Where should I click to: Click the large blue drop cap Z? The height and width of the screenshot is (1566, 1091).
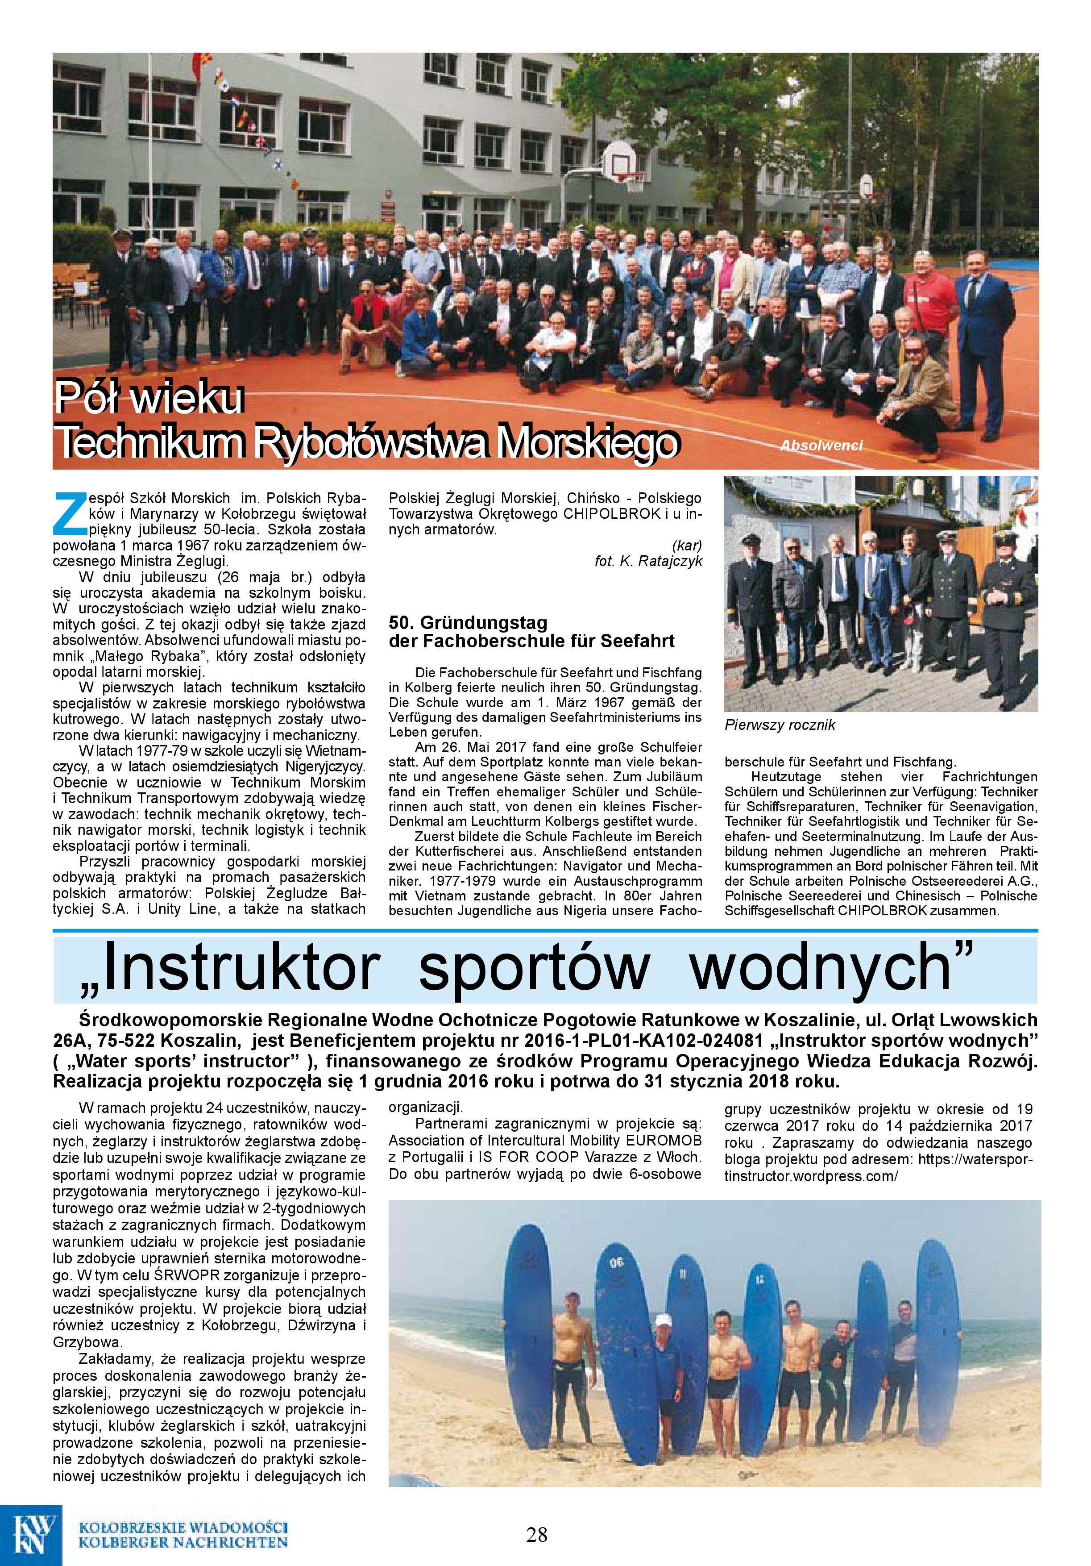click(x=68, y=513)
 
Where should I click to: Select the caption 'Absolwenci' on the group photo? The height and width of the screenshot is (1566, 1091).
click(x=821, y=446)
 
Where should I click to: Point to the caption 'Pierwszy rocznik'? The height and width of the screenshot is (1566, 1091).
click(x=780, y=725)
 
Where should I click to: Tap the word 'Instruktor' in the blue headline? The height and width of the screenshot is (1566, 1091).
click(x=228, y=968)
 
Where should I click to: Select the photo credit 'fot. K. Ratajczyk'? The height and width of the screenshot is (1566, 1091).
click(x=648, y=561)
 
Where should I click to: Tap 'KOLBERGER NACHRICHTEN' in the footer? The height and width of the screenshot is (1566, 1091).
click(x=183, y=1543)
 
